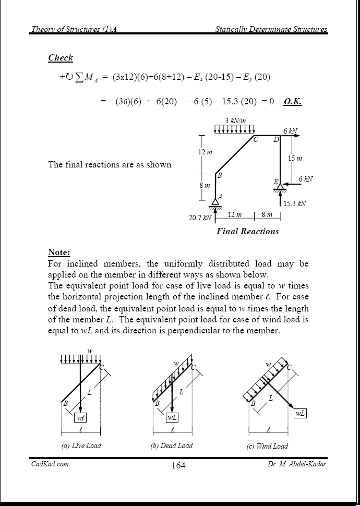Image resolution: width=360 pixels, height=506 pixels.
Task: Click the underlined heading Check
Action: pos(61,58)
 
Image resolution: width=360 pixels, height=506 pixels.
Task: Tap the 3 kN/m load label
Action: pos(235,121)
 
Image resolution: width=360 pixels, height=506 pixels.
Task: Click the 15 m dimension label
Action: pos(295,158)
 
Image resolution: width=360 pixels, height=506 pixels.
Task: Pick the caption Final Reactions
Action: pos(247,231)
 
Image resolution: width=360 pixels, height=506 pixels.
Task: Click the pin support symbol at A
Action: pos(216,203)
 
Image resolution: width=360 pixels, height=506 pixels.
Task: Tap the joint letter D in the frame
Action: pos(276,140)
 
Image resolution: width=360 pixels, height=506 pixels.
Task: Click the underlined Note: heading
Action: pos(59,252)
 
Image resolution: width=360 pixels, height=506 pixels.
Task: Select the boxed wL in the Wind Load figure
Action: pos(300,413)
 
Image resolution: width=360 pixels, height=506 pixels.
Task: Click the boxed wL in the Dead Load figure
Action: pos(172,417)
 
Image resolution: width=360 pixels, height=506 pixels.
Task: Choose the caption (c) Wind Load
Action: pos(267,446)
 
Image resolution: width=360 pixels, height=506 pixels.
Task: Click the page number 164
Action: pos(178,465)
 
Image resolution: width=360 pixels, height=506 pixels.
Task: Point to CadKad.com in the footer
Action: pos(50,464)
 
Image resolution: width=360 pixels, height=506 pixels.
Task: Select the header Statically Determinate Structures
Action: pos(271,29)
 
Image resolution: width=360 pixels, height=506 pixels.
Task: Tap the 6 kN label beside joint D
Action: pos(291,130)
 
